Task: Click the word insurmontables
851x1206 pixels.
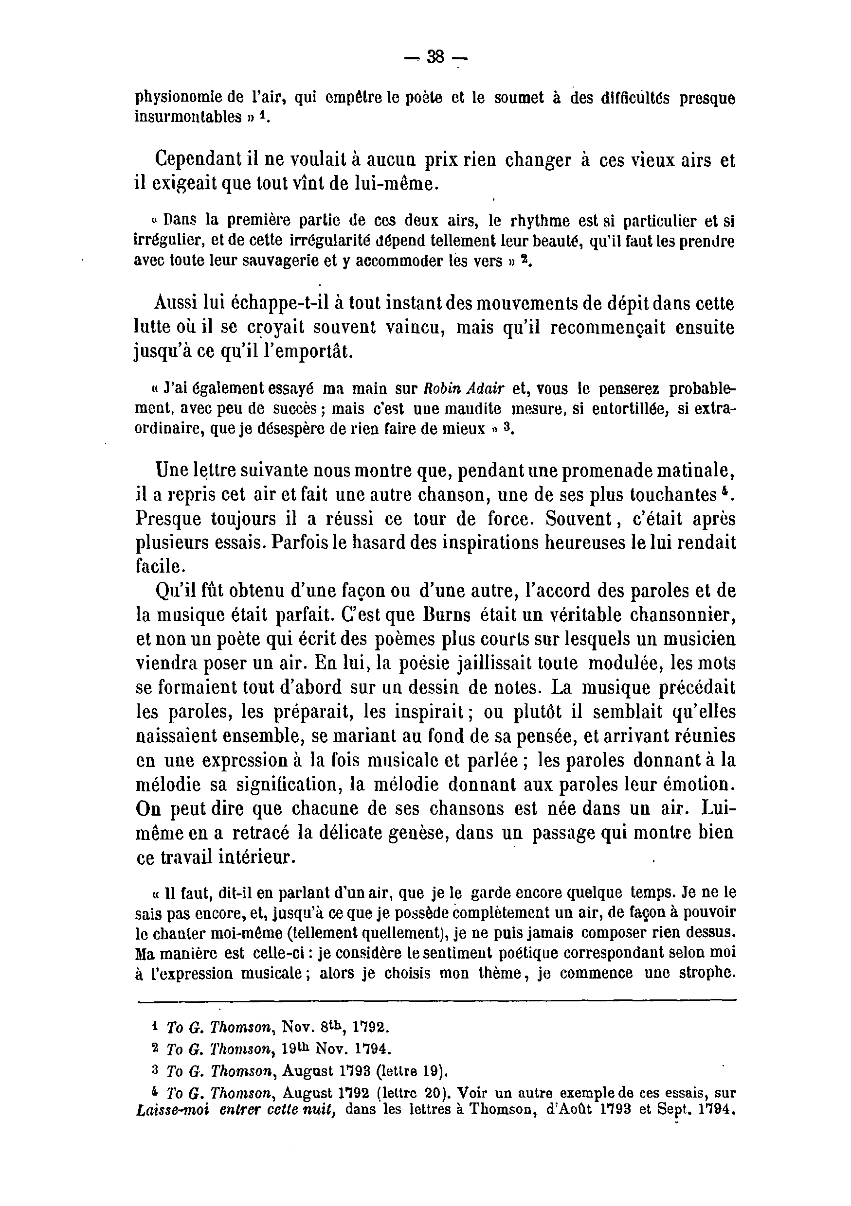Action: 188,117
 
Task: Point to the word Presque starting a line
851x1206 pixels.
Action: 168,519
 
